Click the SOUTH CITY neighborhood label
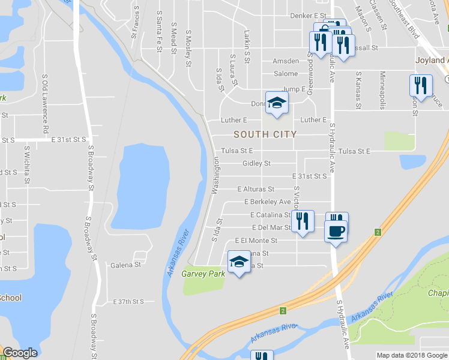tap(265, 134)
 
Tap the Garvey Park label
tap(203, 274)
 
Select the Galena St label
tap(125, 264)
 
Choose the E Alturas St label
tap(256, 189)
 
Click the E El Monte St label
tap(256, 241)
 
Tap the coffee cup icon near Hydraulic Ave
tap(336, 230)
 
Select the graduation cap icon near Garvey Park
tap(239, 262)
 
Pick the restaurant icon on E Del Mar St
tap(303, 221)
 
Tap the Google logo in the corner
tap(20, 353)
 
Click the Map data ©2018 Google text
tap(412, 355)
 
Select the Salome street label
tap(286, 74)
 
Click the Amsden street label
tap(285, 61)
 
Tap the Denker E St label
tap(307, 16)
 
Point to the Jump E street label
tap(294, 89)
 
